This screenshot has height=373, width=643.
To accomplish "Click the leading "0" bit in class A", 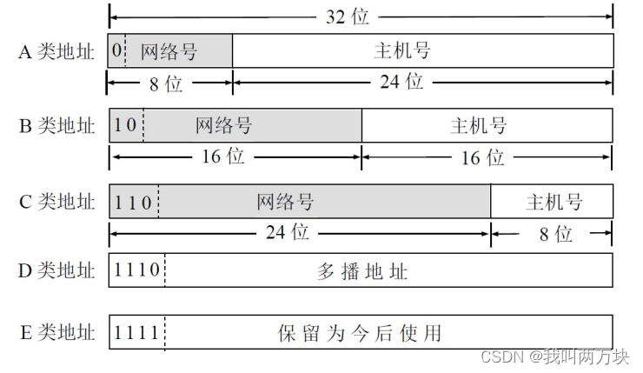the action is click(116, 51).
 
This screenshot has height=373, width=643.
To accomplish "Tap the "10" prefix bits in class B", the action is click(126, 126).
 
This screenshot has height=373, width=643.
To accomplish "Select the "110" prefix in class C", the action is click(133, 202).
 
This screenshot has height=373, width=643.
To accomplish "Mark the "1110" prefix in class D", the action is click(137, 270).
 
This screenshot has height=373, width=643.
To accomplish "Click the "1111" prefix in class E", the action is click(136, 332).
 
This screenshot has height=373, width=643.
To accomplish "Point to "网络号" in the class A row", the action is click(169, 51).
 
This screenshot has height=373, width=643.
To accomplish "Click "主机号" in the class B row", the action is click(479, 126).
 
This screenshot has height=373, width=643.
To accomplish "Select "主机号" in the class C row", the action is click(554, 202).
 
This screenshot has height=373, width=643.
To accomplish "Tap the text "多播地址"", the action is click(363, 271).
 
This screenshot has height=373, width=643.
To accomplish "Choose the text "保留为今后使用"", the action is click(360, 332).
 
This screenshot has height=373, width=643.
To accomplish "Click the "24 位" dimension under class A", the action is click(402, 83).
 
